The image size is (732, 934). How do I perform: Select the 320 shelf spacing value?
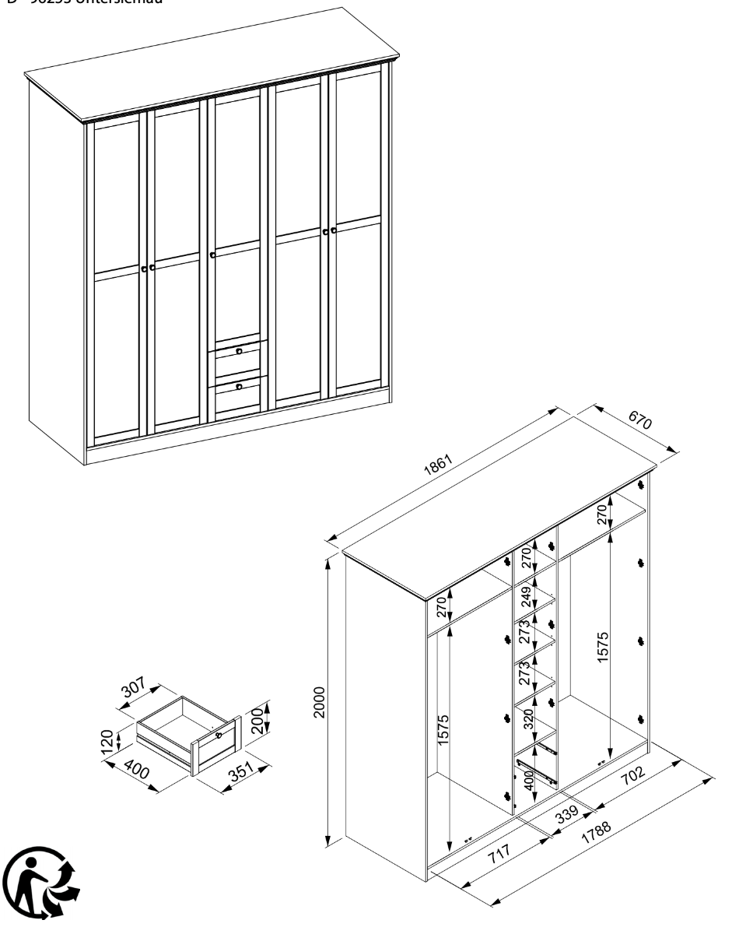(528, 721)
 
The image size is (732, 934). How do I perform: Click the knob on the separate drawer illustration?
(219, 735)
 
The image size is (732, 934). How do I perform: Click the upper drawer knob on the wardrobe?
(239, 352)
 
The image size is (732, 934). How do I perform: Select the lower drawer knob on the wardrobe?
(239, 386)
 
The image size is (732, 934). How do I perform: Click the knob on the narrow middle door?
(212, 255)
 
